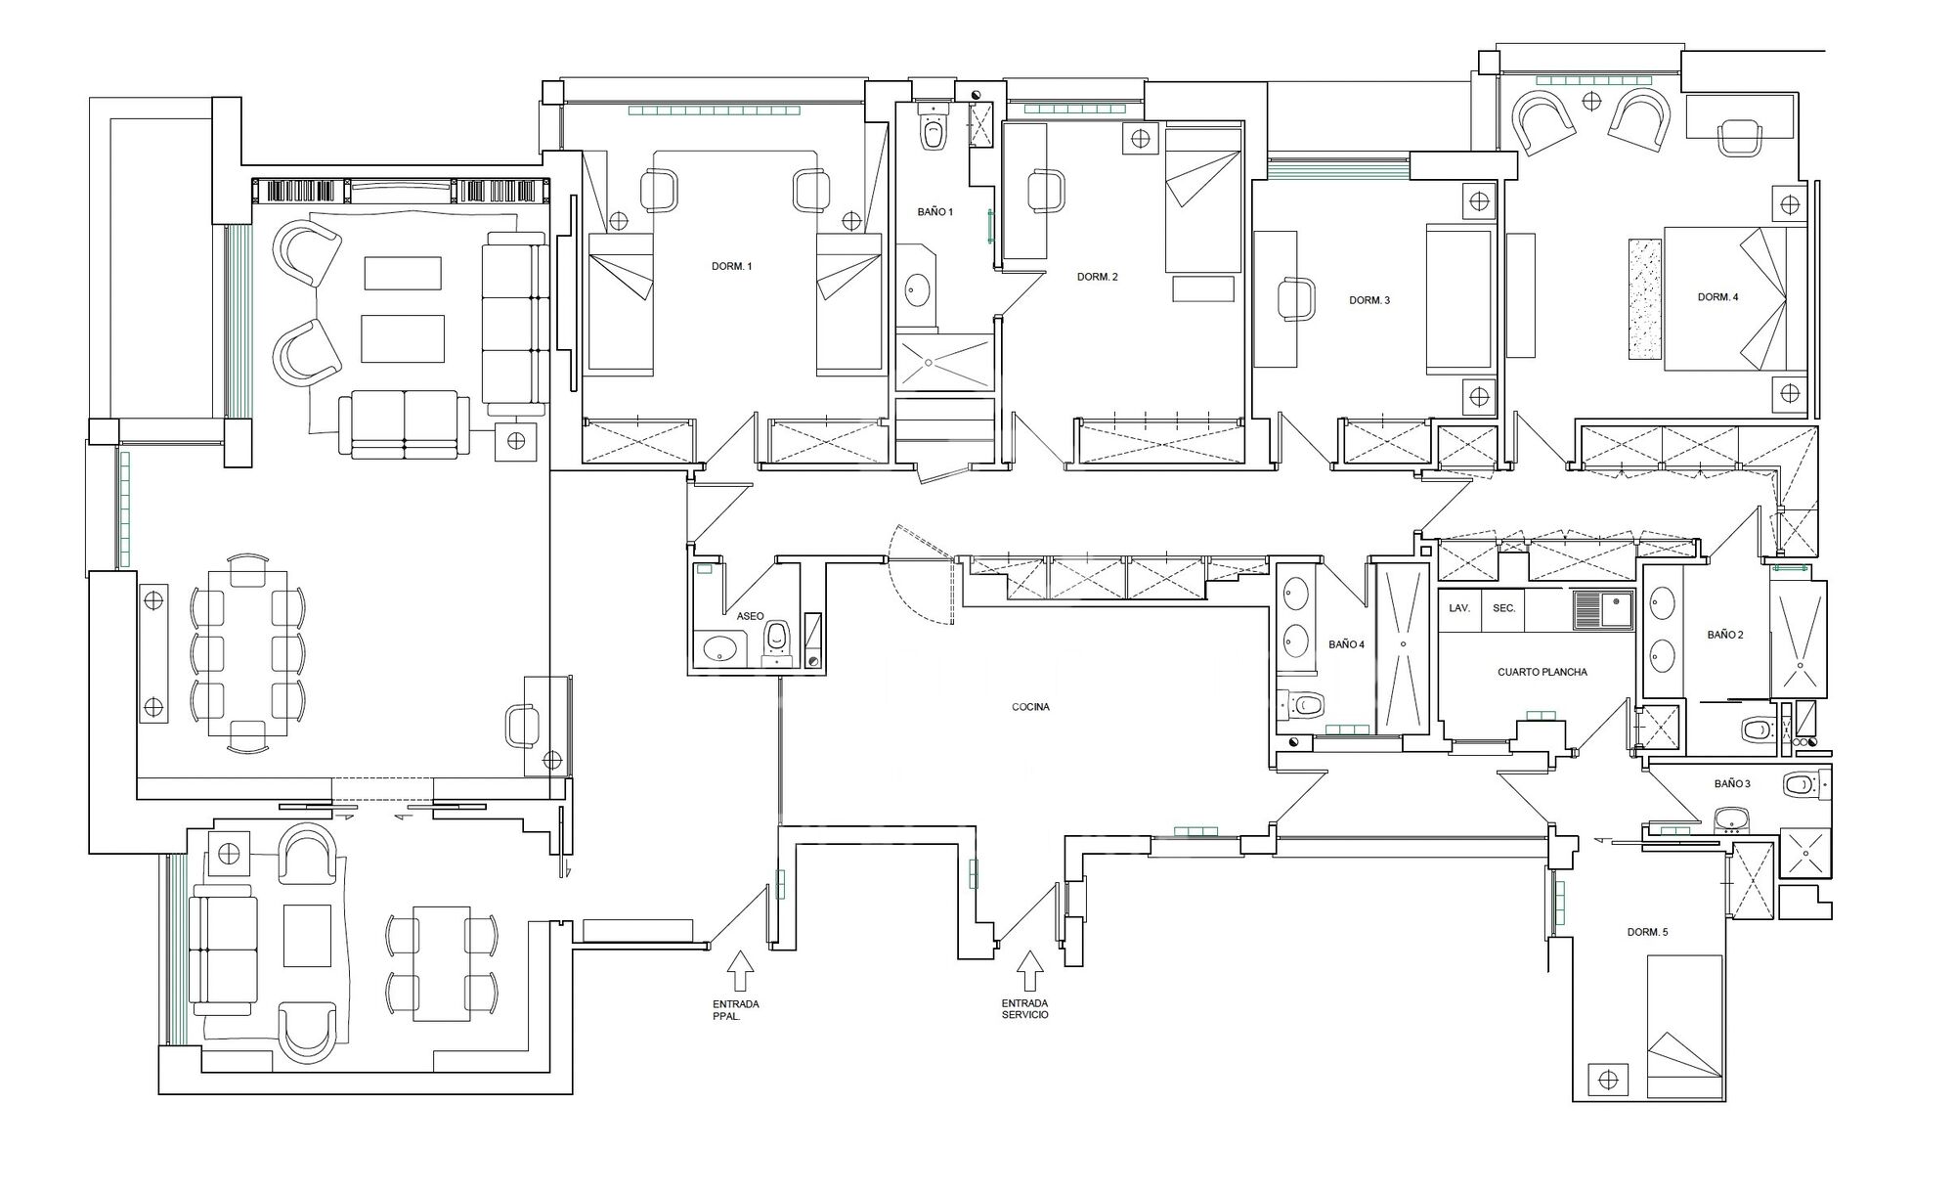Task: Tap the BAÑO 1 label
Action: (934, 212)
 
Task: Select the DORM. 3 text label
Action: (1368, 300)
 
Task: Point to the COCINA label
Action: (1030, 706)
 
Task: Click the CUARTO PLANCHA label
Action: (1542, 673)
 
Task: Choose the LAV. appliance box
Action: (1459, 609)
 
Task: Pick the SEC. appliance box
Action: (1503, 609)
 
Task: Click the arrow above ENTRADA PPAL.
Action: (740, 971)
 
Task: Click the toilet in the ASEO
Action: (777, 641)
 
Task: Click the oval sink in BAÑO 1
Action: (917, 289)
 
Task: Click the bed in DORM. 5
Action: (1683, 1028)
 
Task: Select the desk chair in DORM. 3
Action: (1297, 298)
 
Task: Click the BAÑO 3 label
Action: (1732, 784)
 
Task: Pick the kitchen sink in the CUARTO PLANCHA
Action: (1603, 610)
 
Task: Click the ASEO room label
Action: (750, 616)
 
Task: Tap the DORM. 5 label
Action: (1647, 932)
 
